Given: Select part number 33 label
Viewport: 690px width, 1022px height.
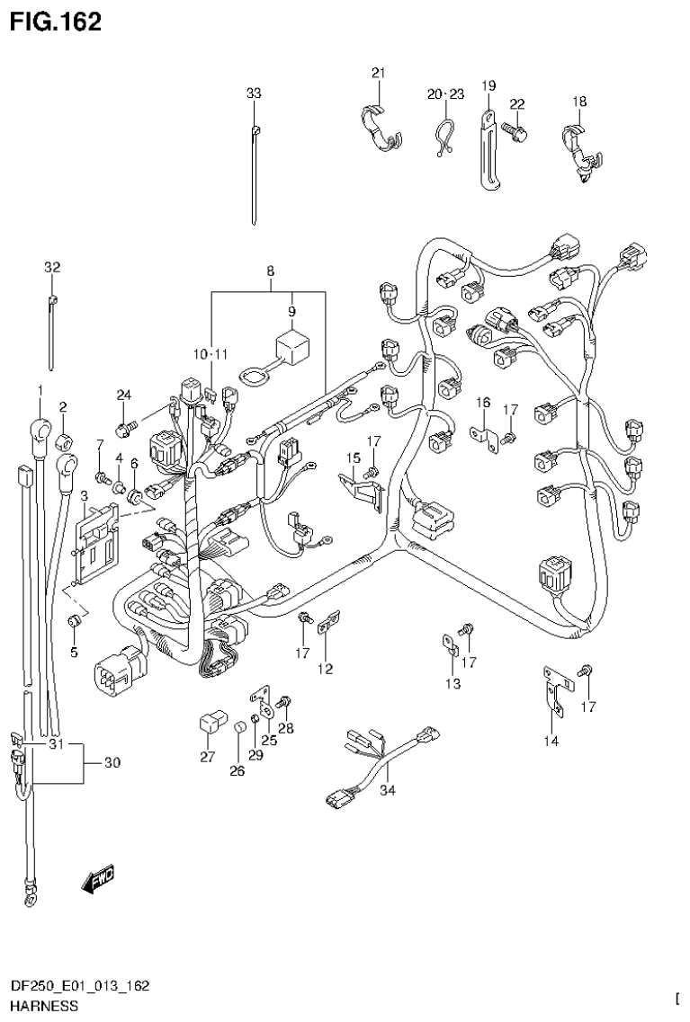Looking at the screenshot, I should point(254,93).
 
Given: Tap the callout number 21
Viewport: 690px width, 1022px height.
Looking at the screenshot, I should point(378,73).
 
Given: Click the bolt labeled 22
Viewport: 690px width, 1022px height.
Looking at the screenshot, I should point(515,129).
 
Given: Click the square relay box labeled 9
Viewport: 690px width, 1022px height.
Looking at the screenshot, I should point(291,345).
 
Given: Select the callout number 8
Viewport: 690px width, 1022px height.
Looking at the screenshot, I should point(269,270).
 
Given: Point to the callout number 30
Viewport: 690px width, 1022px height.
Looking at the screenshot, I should point(112,763).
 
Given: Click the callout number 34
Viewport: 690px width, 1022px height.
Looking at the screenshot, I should point(388,791).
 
